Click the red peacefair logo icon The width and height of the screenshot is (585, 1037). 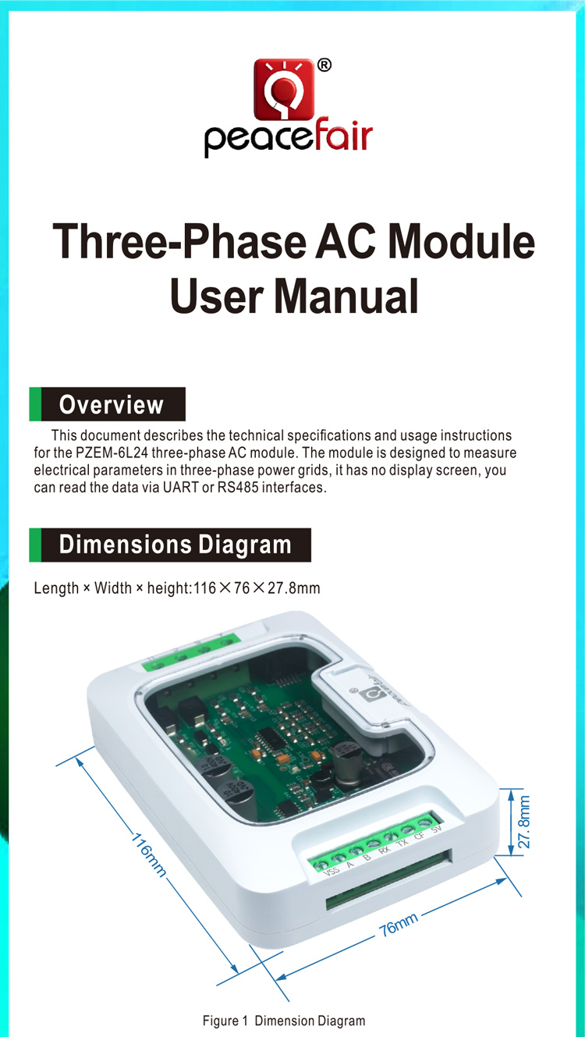tap(284, 90)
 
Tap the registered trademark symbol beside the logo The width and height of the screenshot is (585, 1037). tap(324, 66)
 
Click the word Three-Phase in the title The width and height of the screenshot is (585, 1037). tap(179, 241)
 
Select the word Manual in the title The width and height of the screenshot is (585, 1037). tap(346, 297)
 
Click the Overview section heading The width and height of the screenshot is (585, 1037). tap(111, 404)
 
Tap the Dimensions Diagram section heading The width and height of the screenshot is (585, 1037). tap(175, 545)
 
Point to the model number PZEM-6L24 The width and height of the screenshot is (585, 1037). tap(112, 453)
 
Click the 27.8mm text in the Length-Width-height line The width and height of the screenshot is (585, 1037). tap(294, 588)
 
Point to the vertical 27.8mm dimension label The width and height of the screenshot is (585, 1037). tap(523, 822)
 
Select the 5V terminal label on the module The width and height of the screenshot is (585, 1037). tap(436, 829)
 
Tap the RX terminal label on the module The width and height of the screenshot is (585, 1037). tap(384, 850)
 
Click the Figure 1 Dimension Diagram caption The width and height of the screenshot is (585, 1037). tap(284, 1021)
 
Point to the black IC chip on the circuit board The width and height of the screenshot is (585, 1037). tap(271, 737)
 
